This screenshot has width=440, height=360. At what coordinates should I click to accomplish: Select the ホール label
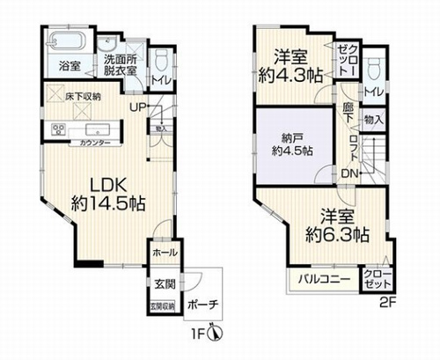(x=164, y=253)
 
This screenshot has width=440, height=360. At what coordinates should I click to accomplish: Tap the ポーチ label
(x=203, y=305)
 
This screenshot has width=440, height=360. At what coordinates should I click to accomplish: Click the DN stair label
(x=349, y=173)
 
